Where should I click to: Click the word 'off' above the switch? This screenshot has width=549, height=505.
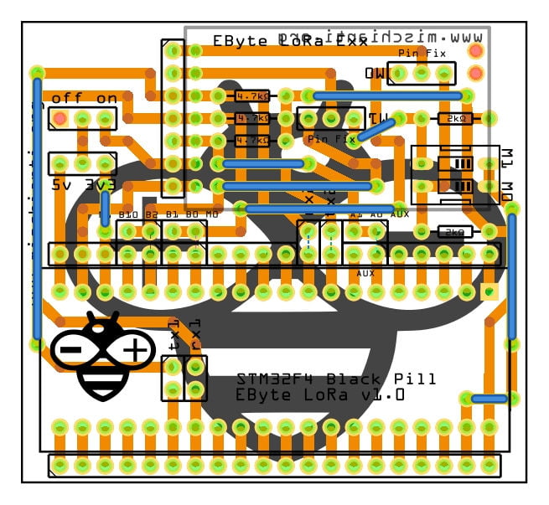point(67,99)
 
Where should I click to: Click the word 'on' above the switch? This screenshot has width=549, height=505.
point(106,99)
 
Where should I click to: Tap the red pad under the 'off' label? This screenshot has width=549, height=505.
point(60,119)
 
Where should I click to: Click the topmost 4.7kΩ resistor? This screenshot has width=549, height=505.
point(251,95)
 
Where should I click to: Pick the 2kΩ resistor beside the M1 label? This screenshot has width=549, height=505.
point(456,119)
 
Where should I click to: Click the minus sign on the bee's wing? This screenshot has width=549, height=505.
point(70,348)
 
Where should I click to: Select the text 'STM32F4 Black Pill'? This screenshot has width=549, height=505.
point(336,379)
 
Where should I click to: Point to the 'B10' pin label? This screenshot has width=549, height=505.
point(127,215)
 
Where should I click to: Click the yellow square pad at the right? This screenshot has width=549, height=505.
point(489,291)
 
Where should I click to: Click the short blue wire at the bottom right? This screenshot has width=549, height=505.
point(489,399)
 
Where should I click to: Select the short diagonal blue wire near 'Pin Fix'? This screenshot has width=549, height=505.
point(376,127)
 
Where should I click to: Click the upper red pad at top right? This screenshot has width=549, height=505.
point(476,50)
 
